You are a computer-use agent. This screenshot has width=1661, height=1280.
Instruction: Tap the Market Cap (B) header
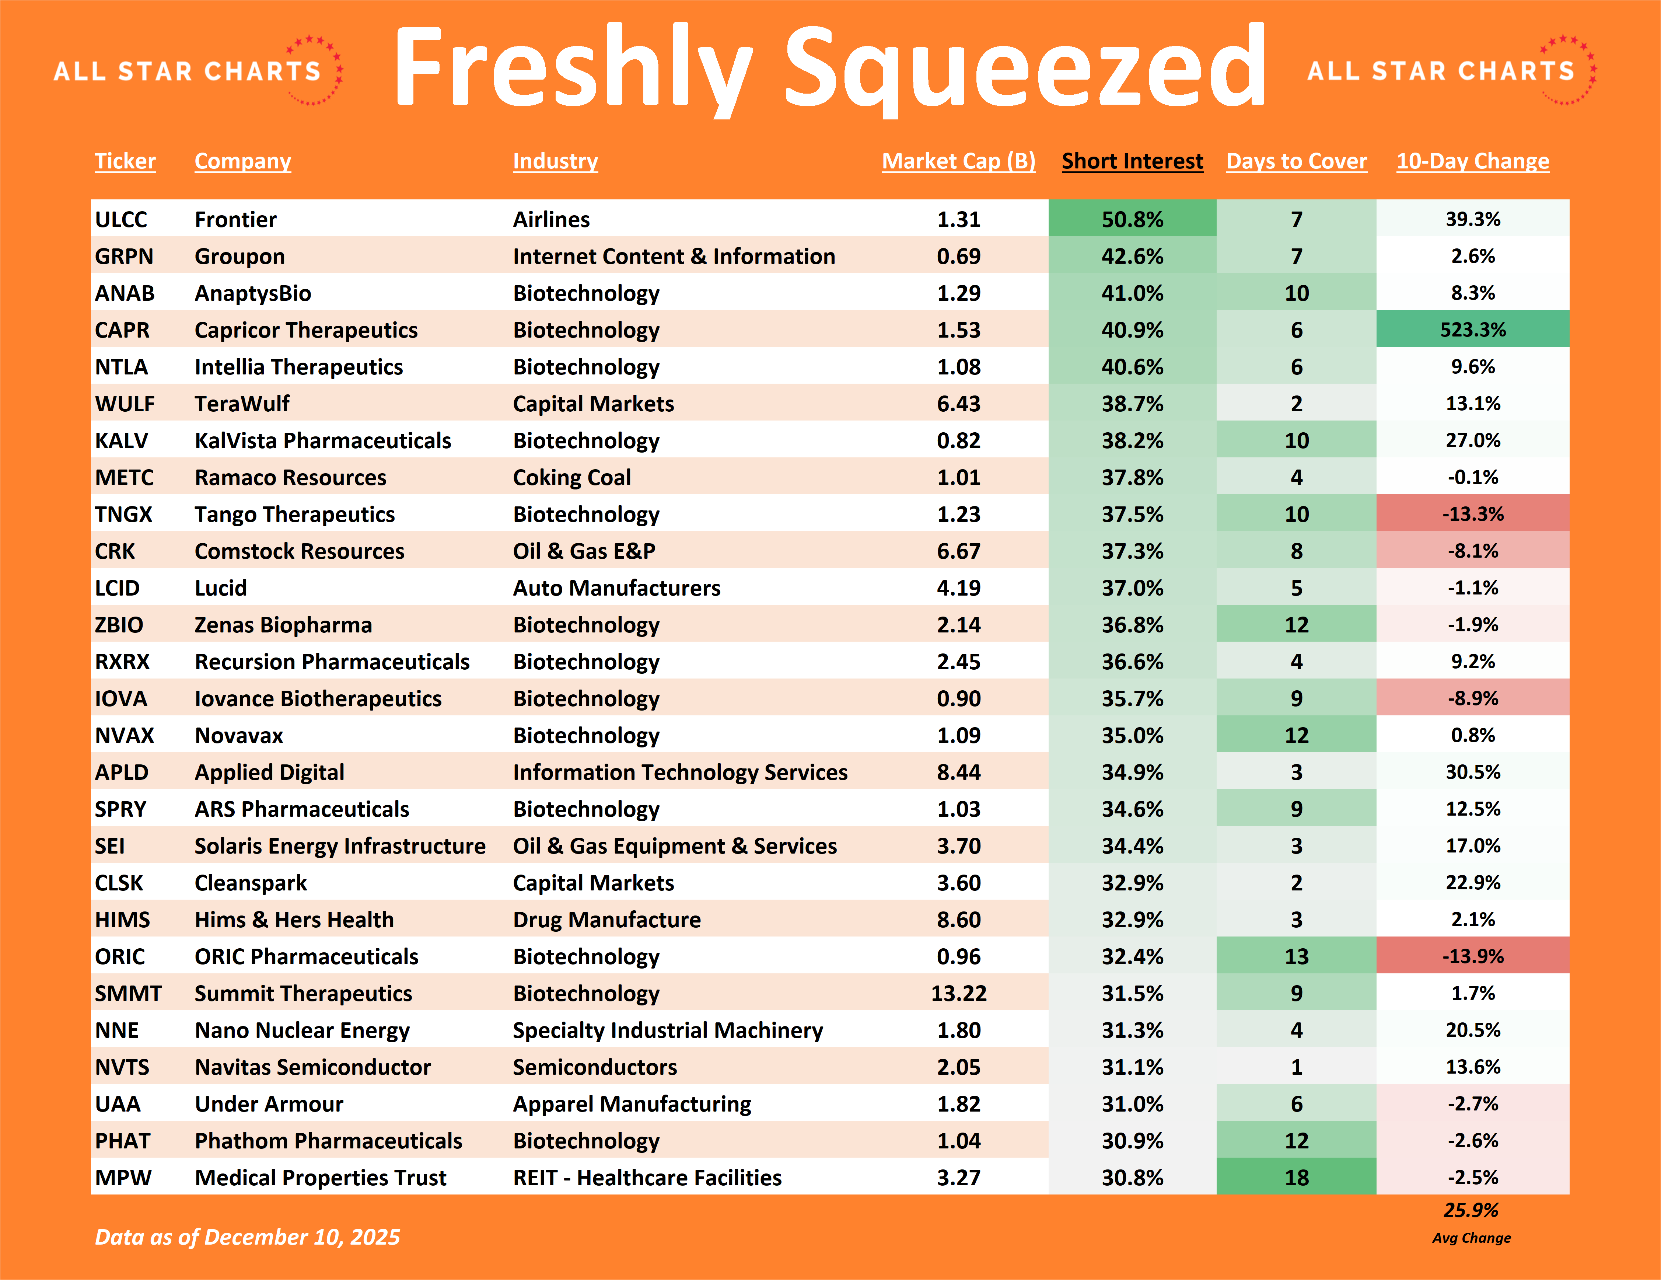click(x=958, y=161)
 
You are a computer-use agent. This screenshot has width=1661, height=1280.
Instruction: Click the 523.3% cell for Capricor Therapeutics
click(x=1472, y=329)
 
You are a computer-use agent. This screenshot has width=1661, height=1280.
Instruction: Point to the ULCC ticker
click(x=121, y=219)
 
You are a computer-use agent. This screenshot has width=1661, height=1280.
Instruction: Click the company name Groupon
click(x=239, y=256)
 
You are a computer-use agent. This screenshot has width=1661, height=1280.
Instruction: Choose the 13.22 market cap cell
click(x=958, y=993)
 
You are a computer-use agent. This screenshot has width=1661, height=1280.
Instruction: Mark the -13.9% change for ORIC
click(x=1472, y=956)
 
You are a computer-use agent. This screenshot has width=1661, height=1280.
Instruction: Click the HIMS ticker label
click(x=122, y=920)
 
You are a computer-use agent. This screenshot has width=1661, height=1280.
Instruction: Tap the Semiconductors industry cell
click(x=595, y=1067)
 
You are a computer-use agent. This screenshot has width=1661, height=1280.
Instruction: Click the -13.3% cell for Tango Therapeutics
click(x=1472, y=514)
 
